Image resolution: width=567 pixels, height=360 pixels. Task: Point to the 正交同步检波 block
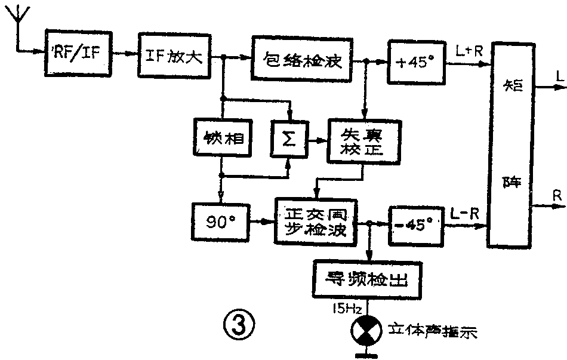315,220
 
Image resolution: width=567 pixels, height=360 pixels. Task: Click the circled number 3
239,326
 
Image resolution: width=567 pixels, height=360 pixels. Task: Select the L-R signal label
466,213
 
